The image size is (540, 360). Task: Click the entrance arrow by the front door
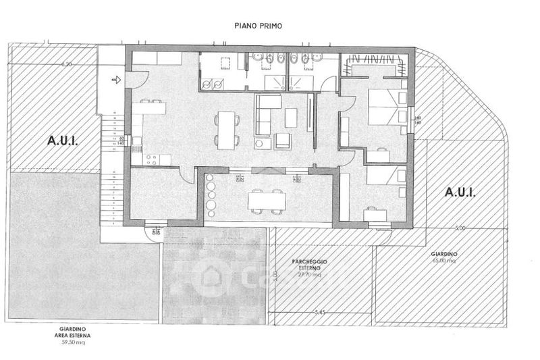115,80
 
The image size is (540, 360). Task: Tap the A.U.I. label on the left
63,141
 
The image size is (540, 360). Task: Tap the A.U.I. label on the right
460,192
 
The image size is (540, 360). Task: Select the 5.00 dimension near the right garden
460,229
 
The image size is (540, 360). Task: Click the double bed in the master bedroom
384,108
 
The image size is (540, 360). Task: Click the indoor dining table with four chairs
227,128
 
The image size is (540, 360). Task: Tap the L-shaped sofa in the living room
266,111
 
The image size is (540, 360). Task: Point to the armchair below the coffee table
283,141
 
